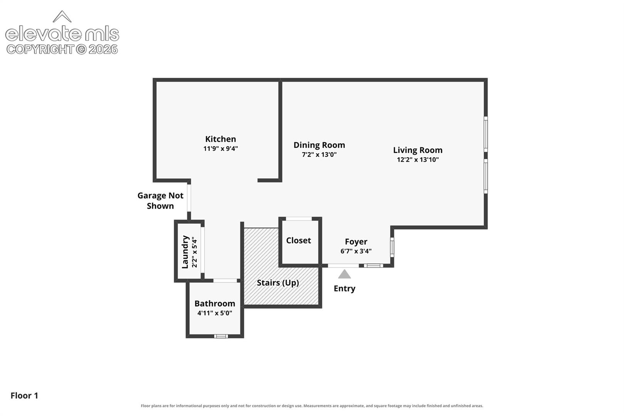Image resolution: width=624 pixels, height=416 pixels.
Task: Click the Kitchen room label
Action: tap(220, 139)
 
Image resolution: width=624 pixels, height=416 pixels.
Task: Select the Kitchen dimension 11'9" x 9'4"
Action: tap(220, 149)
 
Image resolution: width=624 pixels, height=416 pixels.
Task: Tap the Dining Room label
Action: tap(319, 145)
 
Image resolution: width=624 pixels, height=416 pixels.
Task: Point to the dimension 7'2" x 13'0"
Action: tap(319, 154)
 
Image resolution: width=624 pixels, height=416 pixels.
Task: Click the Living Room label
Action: tap(418, 150)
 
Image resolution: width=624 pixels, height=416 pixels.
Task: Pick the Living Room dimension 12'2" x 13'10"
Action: tap(418, 159)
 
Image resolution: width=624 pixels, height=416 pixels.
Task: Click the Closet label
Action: tap(299, 240)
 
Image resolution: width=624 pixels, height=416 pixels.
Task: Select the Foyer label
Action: tap(356, 242)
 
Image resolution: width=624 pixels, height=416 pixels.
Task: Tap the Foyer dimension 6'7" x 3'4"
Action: tap(356, 251)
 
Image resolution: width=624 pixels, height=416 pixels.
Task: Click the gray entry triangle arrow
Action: tap(344, 275)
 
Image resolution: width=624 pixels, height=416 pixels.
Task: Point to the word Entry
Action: tap(344, 289)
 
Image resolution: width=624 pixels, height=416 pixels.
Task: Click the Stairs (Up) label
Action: tap(278, 283)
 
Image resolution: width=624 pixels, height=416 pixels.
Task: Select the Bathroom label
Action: tap(215, 304)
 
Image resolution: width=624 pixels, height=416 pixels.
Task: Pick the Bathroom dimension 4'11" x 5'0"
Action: tap(215, 313)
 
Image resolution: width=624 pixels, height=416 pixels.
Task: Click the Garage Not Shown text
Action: tap(160, 201)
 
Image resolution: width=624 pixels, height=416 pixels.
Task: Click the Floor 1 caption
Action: tap(24, 396)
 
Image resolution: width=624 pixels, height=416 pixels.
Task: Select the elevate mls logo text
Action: tap(62, 34)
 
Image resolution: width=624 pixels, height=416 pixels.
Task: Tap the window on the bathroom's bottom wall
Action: tap(221, 336)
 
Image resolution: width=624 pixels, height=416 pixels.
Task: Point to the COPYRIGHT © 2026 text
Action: tap(62, 50)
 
